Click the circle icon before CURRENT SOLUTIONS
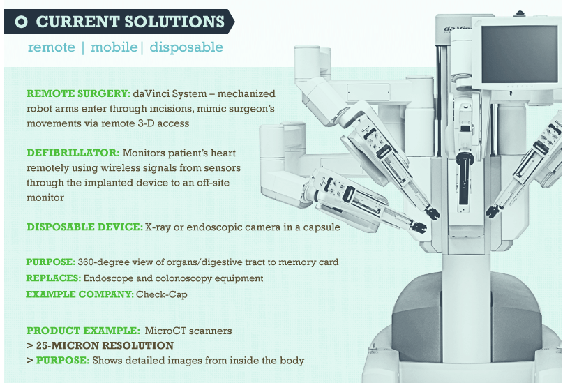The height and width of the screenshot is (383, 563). [x=21, y=22]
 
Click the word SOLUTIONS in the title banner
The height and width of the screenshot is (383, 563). [x=172, y=22]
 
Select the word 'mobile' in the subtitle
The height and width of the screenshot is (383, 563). [x=113, y=47]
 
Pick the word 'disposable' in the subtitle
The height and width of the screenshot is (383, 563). [x=186, y=47]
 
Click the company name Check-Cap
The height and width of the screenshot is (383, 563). [x=163, y=294]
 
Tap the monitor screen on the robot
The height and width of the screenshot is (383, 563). [x=519, y=52]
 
